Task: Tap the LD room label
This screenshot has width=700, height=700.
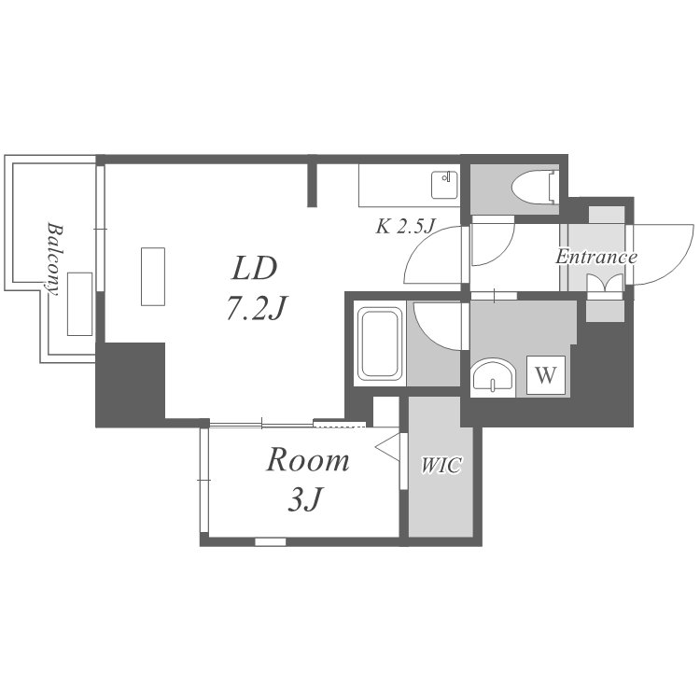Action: coord(255,269)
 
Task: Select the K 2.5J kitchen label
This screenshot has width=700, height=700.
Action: coord(407,226)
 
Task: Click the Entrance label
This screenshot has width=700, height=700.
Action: coord(596,257)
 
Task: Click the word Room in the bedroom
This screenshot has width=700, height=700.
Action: coord(308,460)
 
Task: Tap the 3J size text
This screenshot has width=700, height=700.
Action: coord(304,502)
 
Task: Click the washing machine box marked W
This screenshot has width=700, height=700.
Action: coord(546,376)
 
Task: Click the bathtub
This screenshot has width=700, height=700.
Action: coord(379,345)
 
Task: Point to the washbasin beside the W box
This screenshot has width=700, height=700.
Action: coord(494,378)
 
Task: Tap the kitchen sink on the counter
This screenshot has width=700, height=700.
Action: coord(442,185)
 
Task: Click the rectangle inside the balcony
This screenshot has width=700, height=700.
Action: coord(79,304)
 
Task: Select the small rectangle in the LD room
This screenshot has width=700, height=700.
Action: coord(153,275)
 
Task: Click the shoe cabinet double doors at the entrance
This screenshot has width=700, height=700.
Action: coord(605,284)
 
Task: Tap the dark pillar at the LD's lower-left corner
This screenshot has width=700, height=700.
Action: coord(131,383)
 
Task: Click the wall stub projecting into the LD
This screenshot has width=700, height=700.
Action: coord(314,184)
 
